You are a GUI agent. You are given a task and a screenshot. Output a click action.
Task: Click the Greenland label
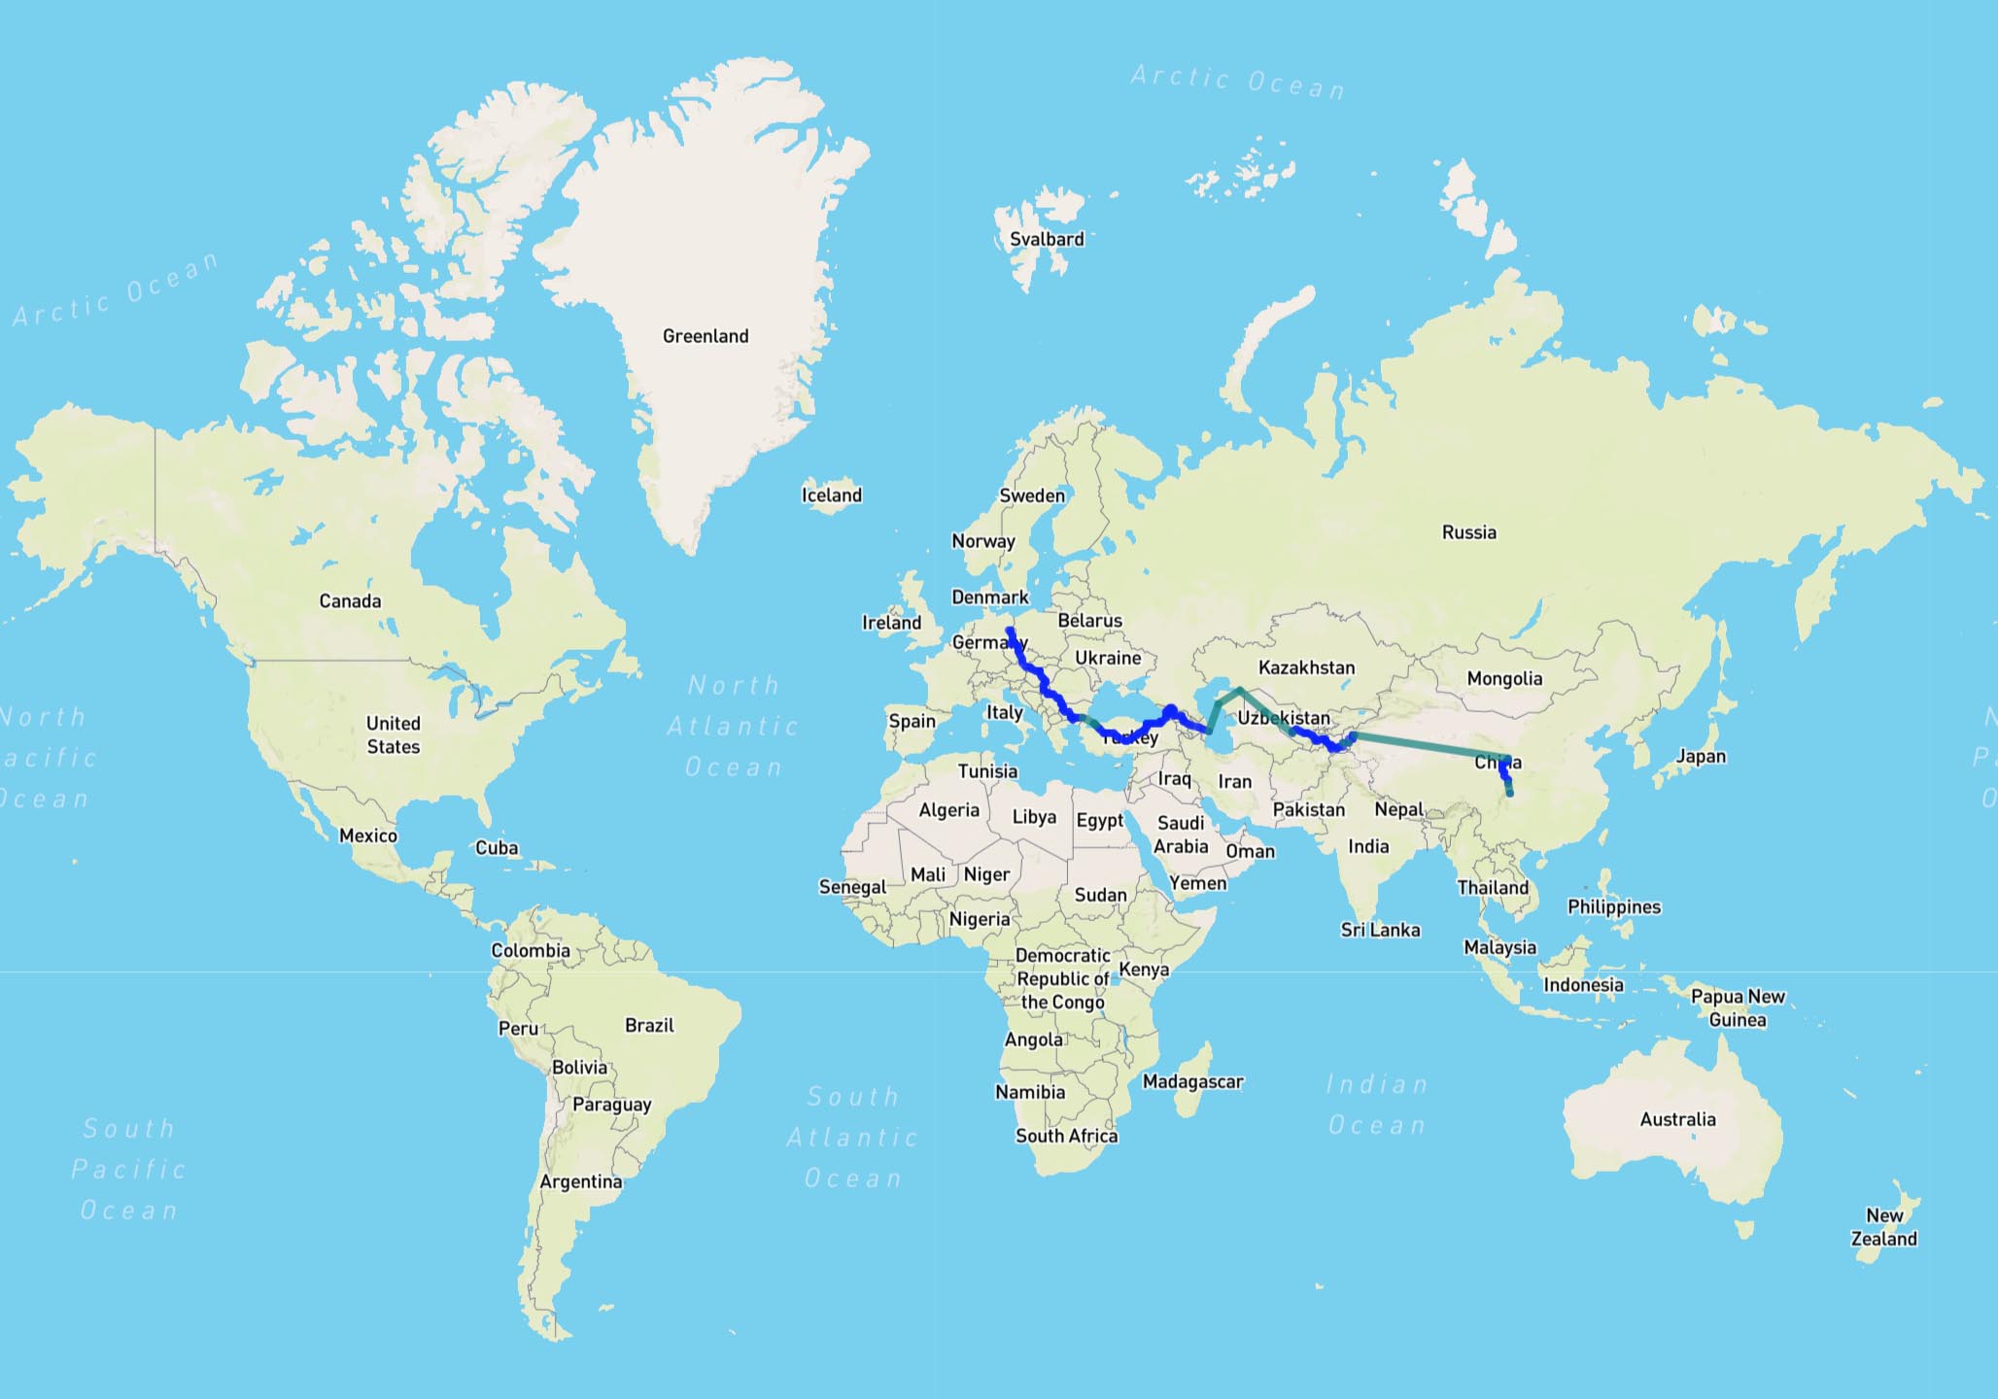coord(706,336)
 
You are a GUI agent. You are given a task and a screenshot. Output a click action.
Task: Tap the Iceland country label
coord(831,495)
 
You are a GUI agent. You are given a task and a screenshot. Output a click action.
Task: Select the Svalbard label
coord(1046,239)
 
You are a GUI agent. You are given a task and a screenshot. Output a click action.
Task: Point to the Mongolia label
coord(1504,678)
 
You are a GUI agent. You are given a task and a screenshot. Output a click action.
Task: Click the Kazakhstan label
coord(1306,667)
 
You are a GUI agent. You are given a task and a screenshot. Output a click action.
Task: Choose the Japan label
coord(1701,756)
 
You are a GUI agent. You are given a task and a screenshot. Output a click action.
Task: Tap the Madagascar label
coord(1192,1081)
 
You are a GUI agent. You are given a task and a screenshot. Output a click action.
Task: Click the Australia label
coord(1677,1119)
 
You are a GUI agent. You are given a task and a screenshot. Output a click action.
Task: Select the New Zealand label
coord(1883,1227)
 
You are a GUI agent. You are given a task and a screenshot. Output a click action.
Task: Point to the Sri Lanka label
coord(1380,930)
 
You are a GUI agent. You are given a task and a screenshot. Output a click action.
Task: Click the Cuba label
coord(496,847)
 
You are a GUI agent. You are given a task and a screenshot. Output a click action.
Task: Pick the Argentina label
coord(580,1181)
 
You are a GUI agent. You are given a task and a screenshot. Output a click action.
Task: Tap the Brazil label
coord(649,1025)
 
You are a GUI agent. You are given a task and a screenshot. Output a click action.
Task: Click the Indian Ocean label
coord(1377,1105)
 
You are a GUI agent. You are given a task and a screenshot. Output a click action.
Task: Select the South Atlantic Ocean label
coord(852,1137)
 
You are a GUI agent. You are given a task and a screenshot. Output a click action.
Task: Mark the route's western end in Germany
coord(1010,631)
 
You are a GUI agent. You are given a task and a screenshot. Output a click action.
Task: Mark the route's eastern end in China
coord(1509,794)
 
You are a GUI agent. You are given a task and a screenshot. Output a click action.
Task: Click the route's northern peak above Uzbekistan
coord(1239,689)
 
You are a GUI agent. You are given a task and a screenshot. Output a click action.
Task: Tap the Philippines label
coord(1613,906)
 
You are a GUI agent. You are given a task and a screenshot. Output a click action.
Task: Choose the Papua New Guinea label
coord(1738,1007)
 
